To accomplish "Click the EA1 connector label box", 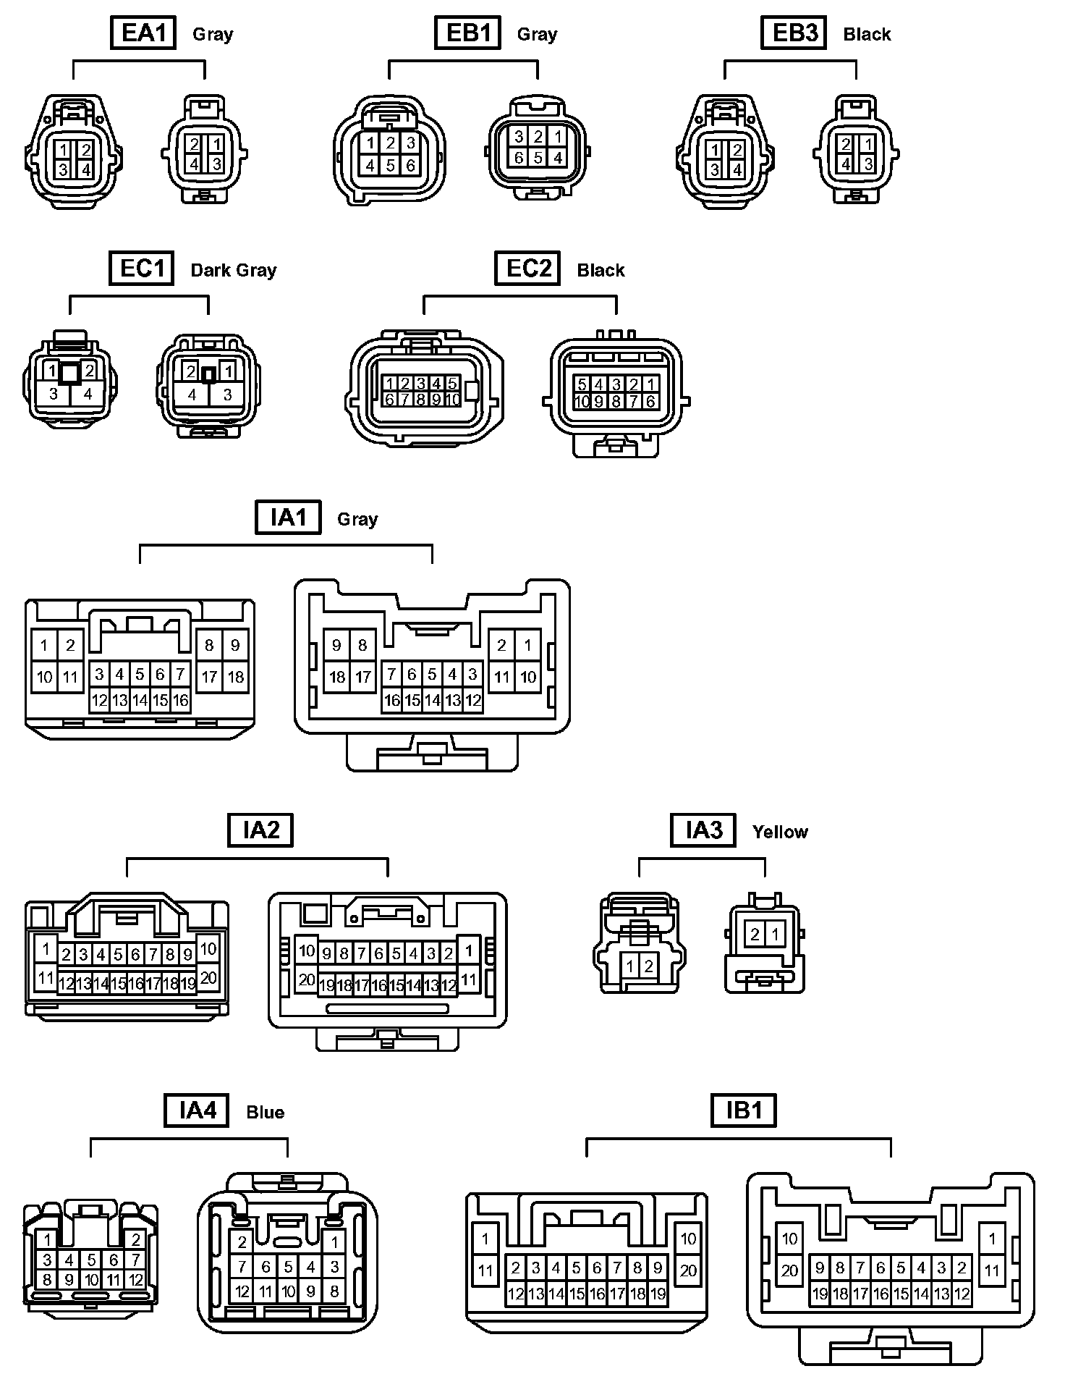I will click(x=143, y=33).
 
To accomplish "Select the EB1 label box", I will click(x=468, y=33).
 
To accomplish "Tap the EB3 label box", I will click(x=794, y=33).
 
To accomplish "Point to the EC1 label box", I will click(x=142, y=269).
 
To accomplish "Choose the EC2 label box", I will click(x=528, y=269).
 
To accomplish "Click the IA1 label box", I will click(x=288, y=518).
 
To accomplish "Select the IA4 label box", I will click(x=197, y=1110).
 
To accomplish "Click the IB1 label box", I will click(x=744, y=1110).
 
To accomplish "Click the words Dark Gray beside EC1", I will click(x=234, y=271).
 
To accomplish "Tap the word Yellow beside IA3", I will click(x=780, y=832).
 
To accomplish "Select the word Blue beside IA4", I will click(x=266, y=1113).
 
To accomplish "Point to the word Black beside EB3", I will click(x=867, y=35).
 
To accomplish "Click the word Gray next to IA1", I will click(x=357, y=520).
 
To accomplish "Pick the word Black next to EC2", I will click(x=601, y=271).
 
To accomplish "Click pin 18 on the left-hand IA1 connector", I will click(x=236, y=678).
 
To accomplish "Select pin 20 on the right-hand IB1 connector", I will click(x=789, y=1270).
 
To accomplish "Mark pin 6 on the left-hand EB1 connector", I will click(x=410, y=165).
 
